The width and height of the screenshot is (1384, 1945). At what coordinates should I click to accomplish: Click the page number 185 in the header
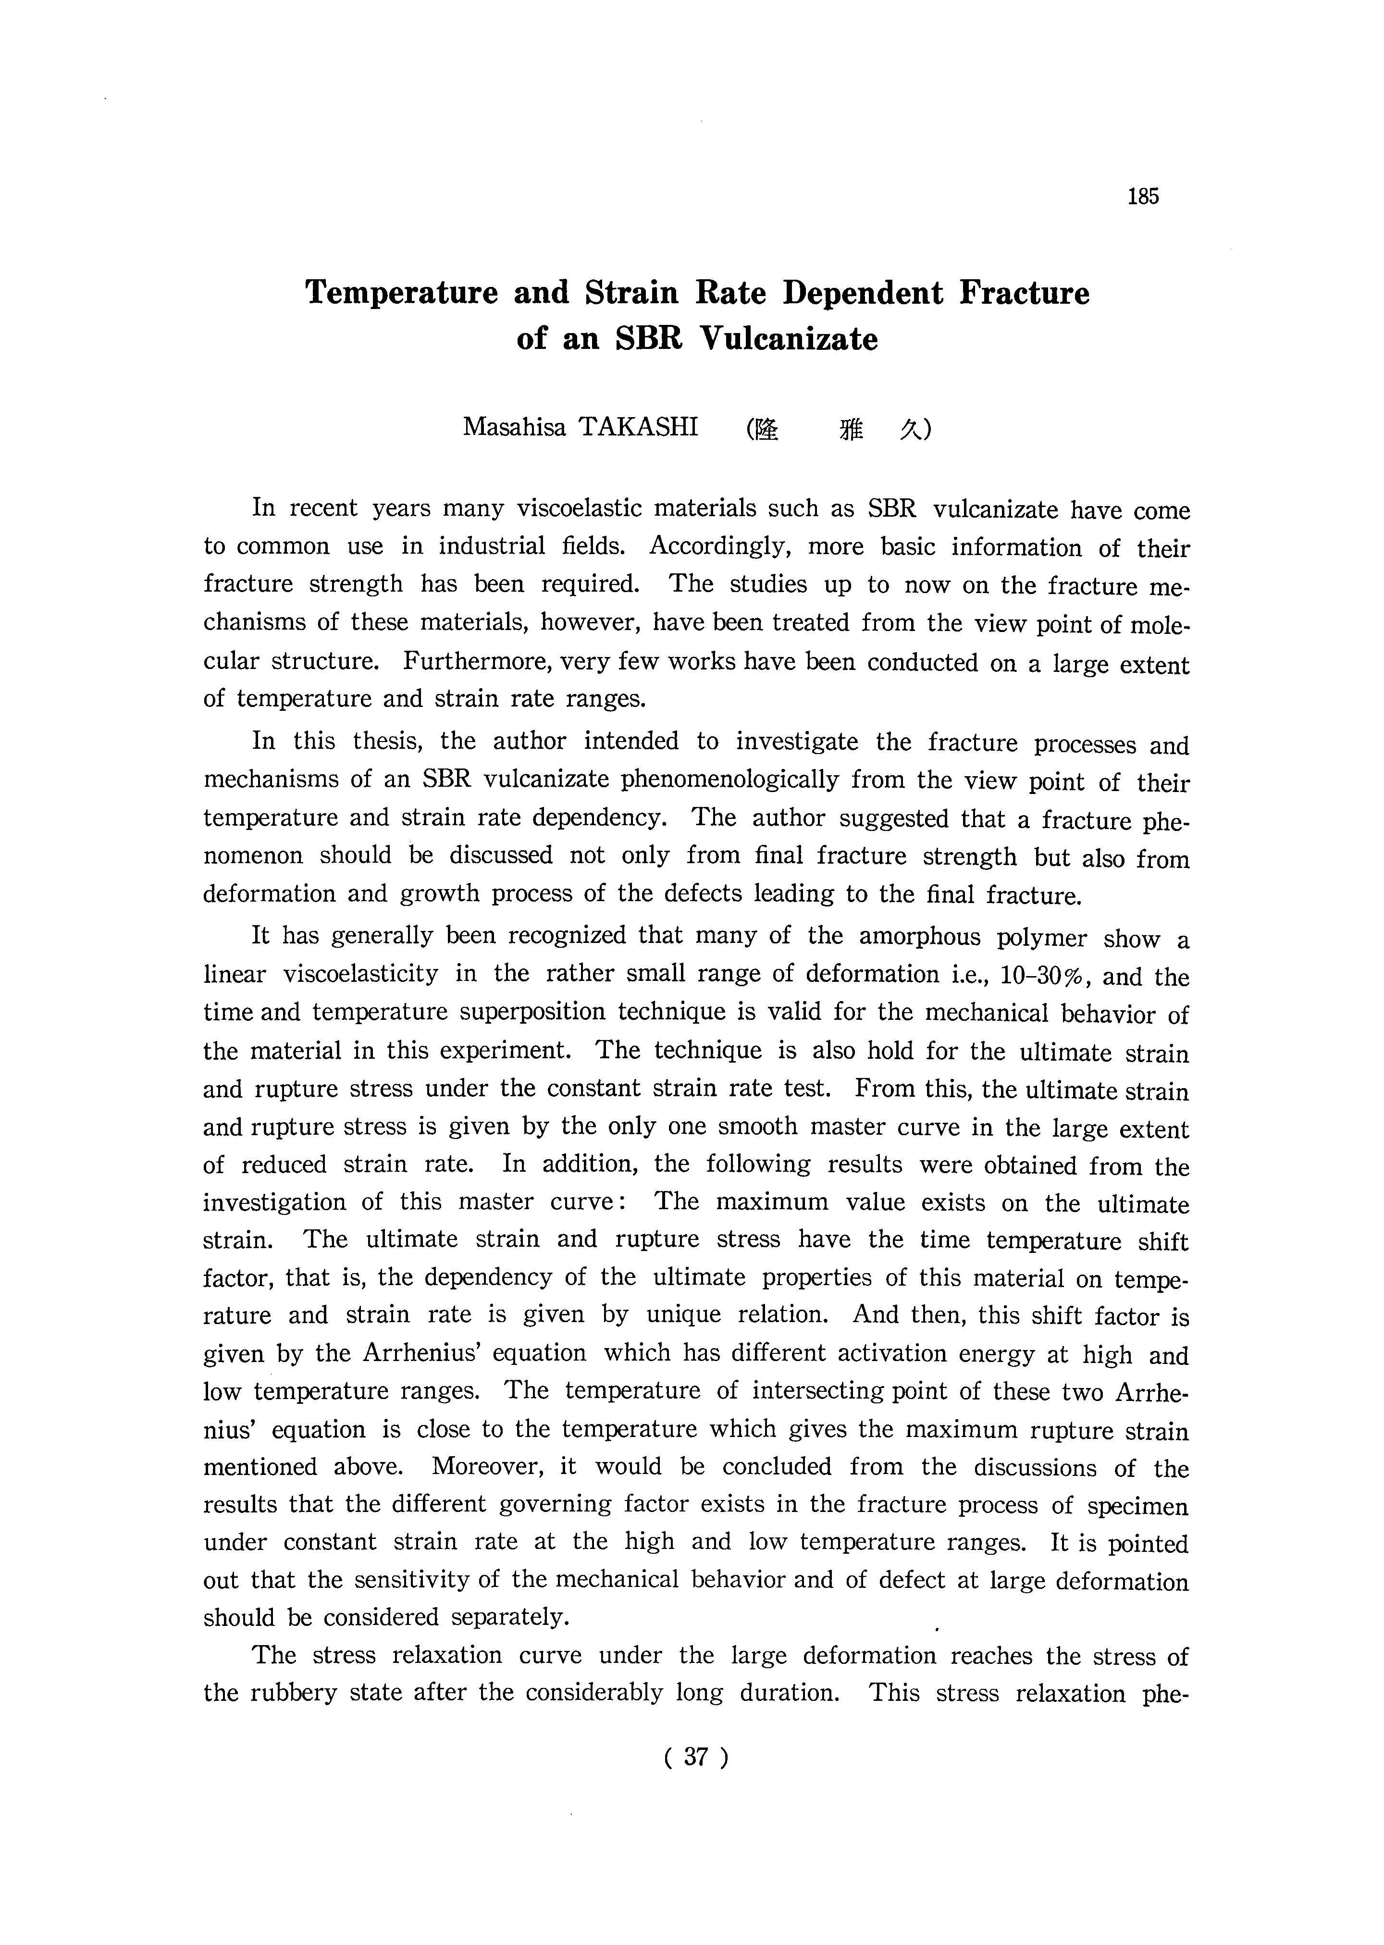coord(1143,197)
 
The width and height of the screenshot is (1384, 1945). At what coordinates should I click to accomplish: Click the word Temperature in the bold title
coord(401,293)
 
